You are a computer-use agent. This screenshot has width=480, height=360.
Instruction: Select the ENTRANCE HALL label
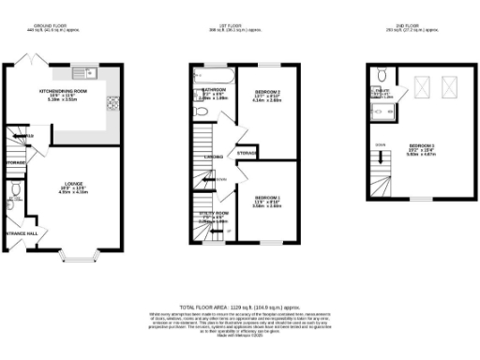click(x=21, y=232)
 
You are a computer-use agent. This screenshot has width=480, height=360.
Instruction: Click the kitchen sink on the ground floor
click(x=91, y=72)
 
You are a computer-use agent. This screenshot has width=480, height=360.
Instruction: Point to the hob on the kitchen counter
click(x=112, y=101)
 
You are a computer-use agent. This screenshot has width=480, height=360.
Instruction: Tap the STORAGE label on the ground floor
click(x=14, y=163)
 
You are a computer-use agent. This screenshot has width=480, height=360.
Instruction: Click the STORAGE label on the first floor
click(x=247, y=152)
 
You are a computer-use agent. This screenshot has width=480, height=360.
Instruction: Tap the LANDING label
click(x=214, y=157)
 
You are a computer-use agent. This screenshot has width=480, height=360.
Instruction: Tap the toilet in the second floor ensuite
click(x=380, y=75)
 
